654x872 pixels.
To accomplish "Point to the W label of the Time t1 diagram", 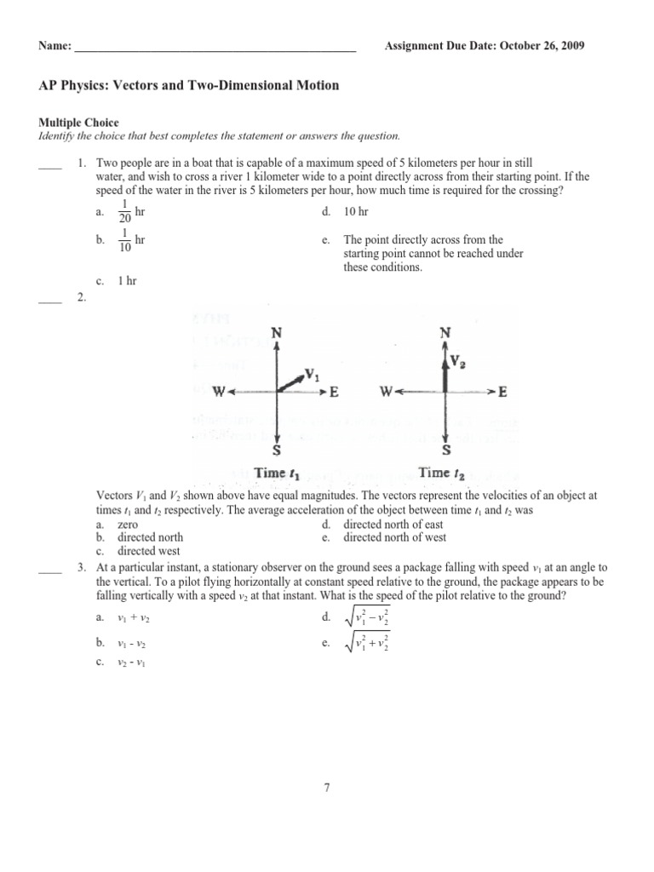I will tap(219, 392).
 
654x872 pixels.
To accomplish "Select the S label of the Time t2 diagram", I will tap(446, 450).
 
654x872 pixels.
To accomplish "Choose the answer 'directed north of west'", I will tap(394, 537).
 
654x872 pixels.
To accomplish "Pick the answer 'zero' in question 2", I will tap(129, 525).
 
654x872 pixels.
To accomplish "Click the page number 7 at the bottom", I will tap(326, 788).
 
